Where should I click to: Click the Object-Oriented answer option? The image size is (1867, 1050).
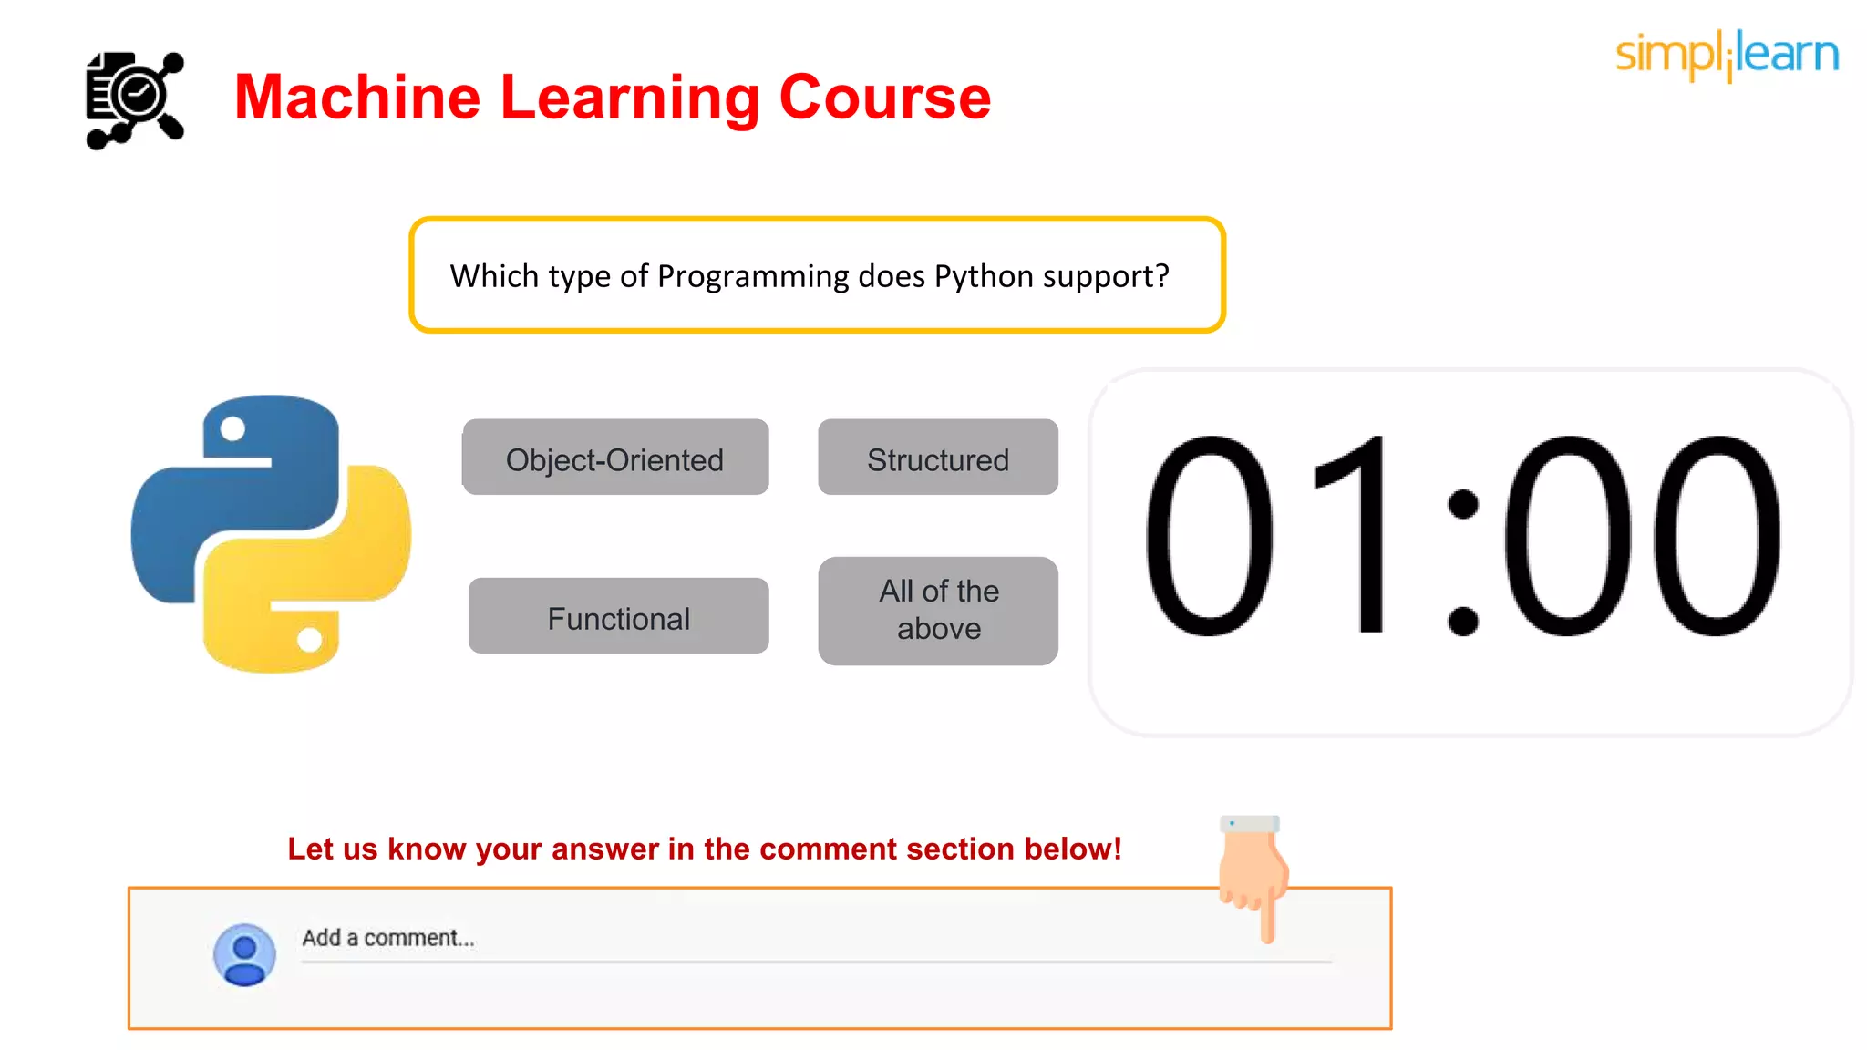coord(615,458)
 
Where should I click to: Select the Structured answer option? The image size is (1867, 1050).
coord(938,458)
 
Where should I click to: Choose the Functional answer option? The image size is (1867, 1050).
coord(618,616)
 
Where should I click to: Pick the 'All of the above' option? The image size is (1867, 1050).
coord(938,611)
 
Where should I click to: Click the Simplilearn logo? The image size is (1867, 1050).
coord(1727,55)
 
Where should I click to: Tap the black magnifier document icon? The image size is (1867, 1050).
coord(135,99)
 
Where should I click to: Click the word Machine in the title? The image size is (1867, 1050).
coord(356,98)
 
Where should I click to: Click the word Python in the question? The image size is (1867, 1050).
coord(984,276)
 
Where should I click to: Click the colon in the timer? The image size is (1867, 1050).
coord(1462,561)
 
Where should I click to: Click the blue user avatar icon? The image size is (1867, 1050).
coord(244,954)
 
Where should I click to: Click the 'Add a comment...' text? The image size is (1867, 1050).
coord(388,938)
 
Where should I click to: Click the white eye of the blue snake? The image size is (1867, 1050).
coord(233,428)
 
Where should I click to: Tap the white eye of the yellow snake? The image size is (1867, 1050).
coord(309,640)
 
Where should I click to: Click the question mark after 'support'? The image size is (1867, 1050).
coord(1161,276)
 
